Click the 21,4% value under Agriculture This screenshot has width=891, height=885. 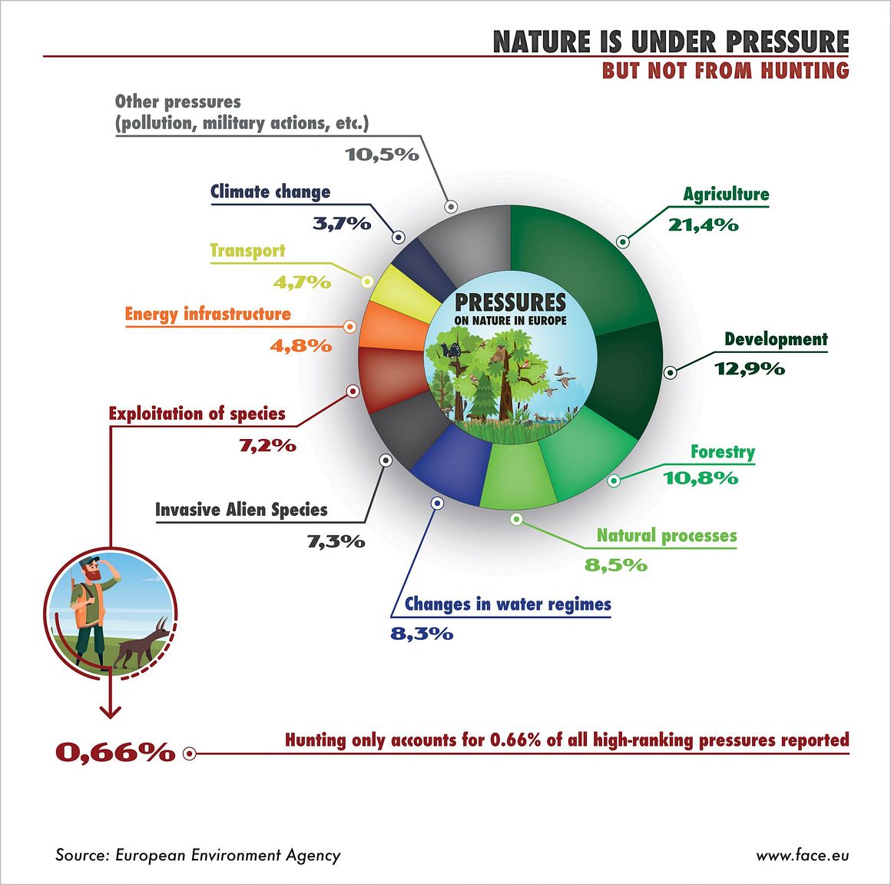[x=704, y=225]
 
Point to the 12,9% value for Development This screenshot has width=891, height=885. [x=750, y=369]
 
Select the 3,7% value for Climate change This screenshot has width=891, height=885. [x=342, y=224]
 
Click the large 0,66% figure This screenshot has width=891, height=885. [x=115, y=753]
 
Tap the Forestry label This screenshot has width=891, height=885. [x=723, y=451]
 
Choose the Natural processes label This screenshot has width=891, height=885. [x=667, y=536]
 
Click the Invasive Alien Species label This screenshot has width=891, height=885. [x=241, y=510]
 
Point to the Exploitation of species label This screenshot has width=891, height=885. [x=197, y=414]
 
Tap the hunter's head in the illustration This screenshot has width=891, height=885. [x=91, y=569]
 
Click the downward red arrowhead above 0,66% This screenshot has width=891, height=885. [x=111, y=711]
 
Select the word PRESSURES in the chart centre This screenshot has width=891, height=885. [x=510, y=302]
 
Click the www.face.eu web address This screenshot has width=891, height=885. [x=803, y=855]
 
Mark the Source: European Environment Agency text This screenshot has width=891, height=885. [x=197, y=855]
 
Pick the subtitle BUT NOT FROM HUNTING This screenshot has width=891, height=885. [x=726, y=71]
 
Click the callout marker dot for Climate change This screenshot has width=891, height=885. [x=399, y=237]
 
